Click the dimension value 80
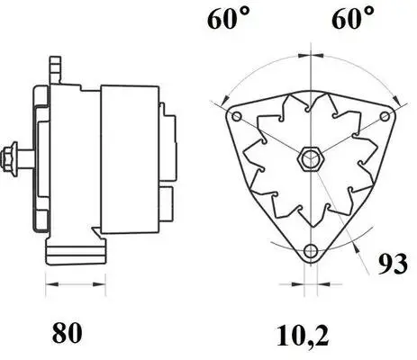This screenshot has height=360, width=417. point(67,332)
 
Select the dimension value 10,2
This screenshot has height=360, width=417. point(303,336)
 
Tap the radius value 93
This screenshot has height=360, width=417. point(393,264)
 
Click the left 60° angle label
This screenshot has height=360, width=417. point(229,18)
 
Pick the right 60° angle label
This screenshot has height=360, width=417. point(353,18)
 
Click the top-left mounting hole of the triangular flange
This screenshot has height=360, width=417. point(237,116)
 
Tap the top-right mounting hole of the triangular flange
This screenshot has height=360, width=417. point(385,116)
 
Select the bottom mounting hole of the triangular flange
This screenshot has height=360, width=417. point(311,250)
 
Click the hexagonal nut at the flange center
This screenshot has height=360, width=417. point(311,159)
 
